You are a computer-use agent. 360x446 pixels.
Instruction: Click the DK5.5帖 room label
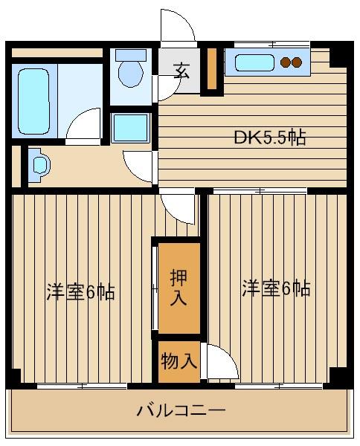[270, 138]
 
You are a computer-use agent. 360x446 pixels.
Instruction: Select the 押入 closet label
[179, 288]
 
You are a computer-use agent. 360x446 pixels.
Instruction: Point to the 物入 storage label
[179, 362]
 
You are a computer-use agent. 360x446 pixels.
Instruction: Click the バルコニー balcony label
[180, 410]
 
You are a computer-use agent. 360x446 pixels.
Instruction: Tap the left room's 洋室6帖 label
[80, 291]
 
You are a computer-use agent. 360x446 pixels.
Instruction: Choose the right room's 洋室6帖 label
[276, 288]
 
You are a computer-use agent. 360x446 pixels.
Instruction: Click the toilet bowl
[132, 72]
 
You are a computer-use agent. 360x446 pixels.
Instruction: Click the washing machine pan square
[131, 126]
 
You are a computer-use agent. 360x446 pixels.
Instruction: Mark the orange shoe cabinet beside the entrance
[211, 71]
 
